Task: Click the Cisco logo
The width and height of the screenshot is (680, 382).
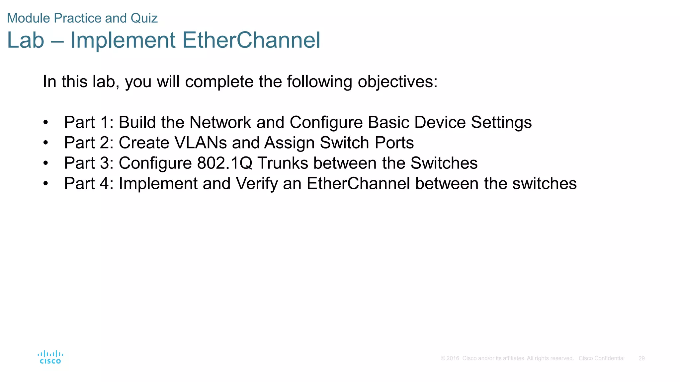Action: [50, 357]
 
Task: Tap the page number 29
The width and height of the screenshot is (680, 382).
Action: [641, 358]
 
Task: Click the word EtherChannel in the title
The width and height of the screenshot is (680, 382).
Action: [251, 40]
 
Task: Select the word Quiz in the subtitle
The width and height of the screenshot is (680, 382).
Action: [144, 18]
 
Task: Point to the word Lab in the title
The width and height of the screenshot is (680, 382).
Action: [26, 40]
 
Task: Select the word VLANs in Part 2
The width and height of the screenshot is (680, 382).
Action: [200, 143]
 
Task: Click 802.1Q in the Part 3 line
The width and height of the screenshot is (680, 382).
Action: [224, 163]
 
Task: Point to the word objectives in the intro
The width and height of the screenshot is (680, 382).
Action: [397, 82]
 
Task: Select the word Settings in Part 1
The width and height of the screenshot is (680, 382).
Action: [501, 122]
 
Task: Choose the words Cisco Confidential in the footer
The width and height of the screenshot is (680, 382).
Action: [601, 358]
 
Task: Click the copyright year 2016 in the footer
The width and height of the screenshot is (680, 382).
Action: [453, 358]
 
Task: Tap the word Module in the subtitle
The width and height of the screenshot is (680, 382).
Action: [28, 18]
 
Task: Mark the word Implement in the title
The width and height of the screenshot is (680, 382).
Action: [123, 40]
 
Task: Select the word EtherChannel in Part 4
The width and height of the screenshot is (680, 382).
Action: [358, 184]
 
